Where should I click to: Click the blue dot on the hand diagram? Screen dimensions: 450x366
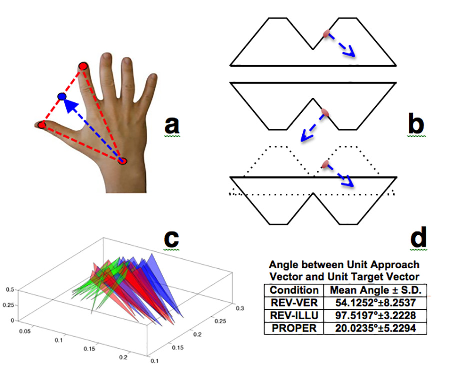[x=62, y=95]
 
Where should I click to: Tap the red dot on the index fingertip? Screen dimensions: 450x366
[x=83, y=66]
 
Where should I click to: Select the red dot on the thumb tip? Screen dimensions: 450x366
[x=42, y=124]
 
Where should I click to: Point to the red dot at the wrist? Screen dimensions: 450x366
[x=123, y=160]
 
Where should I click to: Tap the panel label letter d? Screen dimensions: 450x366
[x=418, y=239]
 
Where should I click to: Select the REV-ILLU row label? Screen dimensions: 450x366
[x=294, y=315]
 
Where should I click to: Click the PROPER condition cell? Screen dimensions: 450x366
[x=294, y=328]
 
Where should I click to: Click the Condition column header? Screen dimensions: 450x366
[x=294, y=290]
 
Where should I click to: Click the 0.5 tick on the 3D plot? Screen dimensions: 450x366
[x=9, y=289]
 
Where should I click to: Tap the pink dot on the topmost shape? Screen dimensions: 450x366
[x=326, y=34]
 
